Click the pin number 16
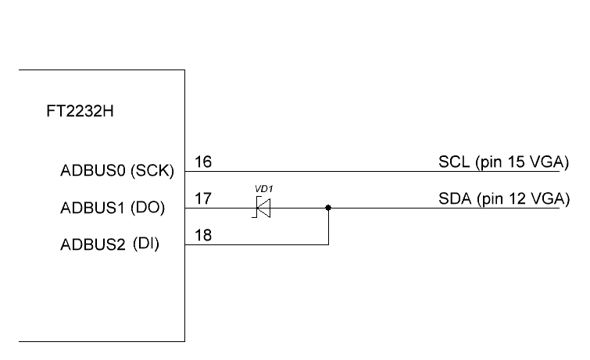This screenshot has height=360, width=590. click(202, 162)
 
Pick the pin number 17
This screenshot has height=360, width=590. click(202, 199)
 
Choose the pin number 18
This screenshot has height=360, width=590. click(202, 235)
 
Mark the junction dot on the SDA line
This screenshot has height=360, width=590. click(328, 209)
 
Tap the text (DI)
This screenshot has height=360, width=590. click(146, 244)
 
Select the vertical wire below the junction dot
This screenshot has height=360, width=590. click(328, 227)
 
